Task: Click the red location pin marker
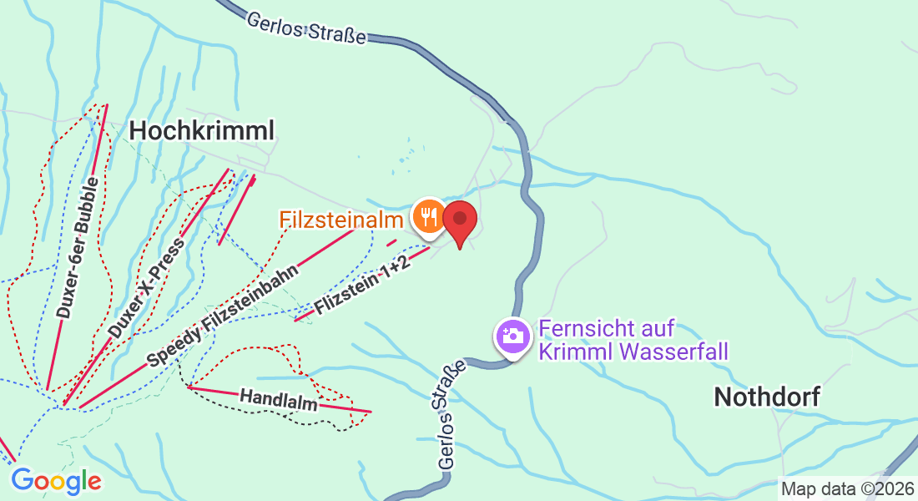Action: click(x=459, y=220)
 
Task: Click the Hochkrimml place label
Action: click(x=202, y=130)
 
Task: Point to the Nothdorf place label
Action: click(x=767, y=397)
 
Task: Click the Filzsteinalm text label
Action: click(x=341, y=220)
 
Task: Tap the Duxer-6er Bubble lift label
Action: click(x=78, y=248)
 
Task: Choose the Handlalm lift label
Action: click(x=279, y=399)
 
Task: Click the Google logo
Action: click(x=56, y=480)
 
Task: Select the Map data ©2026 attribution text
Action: click(x=846, y=488)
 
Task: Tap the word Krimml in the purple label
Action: click(x=576, y=351)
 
